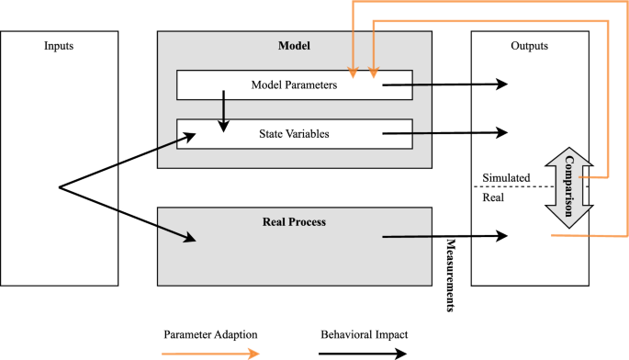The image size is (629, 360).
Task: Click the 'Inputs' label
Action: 60,45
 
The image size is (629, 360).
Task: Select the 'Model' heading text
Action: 294,45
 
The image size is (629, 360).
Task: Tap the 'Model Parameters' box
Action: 294,85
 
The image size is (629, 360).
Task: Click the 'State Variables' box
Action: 294,133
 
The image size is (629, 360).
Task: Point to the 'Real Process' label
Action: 294,222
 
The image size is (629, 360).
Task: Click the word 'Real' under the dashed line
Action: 493,196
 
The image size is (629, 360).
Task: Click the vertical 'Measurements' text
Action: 451,276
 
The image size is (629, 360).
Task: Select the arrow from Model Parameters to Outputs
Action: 444,84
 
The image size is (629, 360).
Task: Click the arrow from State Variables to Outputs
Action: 444,132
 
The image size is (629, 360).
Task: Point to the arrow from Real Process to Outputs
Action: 444,237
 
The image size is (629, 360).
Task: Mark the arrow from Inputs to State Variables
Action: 129,162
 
